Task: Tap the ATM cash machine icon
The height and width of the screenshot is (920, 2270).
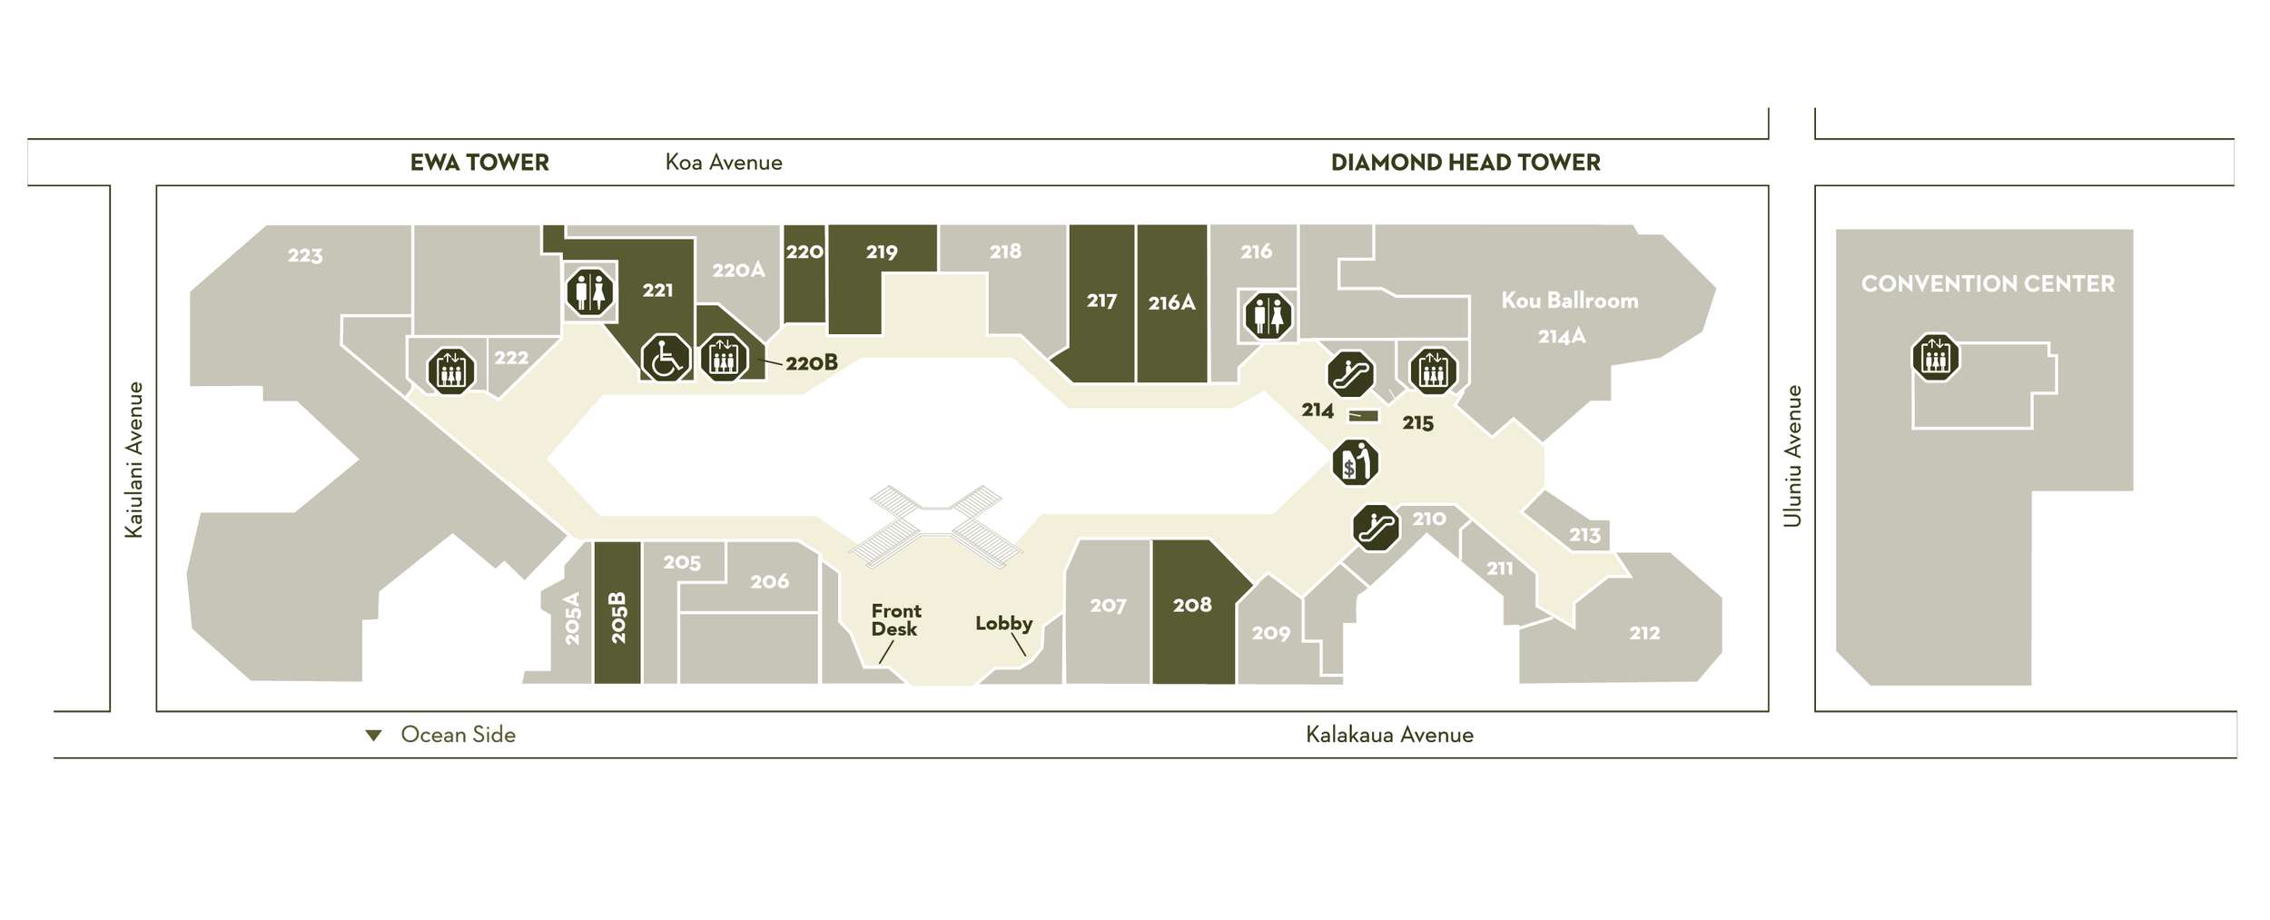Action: pyautogui.click(x=1355, y=462)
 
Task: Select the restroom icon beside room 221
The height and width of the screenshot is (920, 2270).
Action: pyautogui.click(x=590, y=292)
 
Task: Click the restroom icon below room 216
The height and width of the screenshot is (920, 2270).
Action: pyautogui.click(x=1268, y=315)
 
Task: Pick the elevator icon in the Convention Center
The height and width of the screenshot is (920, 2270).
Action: pyautogui.click(x=1935, y=357)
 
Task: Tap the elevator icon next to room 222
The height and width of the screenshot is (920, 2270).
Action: pyautogui.click(x=451, y=371)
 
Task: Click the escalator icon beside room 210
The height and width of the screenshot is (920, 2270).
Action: pyautogui.click(x=1376, y=528)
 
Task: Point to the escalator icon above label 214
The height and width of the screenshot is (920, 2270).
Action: pyautogui.click(x=1350, y=374)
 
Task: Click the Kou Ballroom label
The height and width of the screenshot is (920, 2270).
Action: pyautogui.click(x=1569, y=301)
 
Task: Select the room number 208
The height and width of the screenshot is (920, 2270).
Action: pyautogui.click(x=1192, y=605)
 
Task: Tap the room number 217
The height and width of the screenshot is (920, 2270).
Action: pyautogui.click(x=1101, y=301)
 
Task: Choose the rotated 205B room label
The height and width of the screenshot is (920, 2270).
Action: pyautogui.click(x=618, y=618)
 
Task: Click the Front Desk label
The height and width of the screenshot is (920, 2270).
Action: pyautogui.click(x=895, y=619)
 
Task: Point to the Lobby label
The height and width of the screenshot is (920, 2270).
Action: pyautogui.click(x=1003, y=623)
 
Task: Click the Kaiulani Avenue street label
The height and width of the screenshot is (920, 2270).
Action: pyautogui.click(x=134, y=460)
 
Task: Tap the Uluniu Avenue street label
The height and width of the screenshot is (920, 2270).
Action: pyautogui.click(x=1791, y=456)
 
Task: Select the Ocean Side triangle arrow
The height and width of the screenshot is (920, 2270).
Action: pyautogui.click(x=373, y=735)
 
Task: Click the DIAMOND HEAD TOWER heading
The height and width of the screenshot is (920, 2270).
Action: pyautogui.click(x=1465, y=163)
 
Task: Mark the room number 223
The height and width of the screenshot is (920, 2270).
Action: pyautogui.click(x=305, y=255)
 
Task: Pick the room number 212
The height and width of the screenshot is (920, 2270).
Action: pyautogui.click(x=1643, y=633)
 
